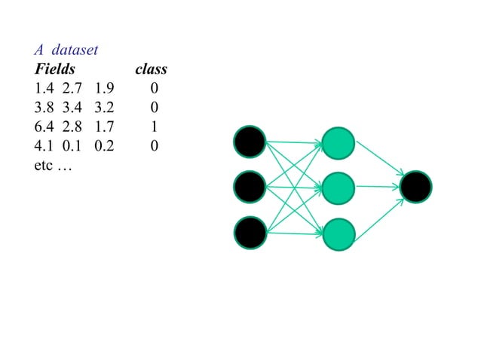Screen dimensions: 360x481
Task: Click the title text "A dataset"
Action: tap(66, 50)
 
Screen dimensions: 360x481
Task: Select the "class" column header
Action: tap(151, 70)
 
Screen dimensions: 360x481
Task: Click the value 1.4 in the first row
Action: tap(44, 90)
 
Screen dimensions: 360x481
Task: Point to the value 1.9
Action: tap(104, 90)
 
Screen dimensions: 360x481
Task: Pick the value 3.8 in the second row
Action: tap(44, 108)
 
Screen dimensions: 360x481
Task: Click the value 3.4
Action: tap(74, 108)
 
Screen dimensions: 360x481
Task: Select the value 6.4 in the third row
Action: tap(44, 127)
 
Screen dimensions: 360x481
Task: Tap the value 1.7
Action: tap(104, 127)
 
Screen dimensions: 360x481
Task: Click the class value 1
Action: tap(154, 127)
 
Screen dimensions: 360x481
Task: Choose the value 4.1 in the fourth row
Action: tap(44, 146)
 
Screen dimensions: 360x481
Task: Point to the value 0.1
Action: tap(74, 146)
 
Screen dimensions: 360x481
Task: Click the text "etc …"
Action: tap(53, 165)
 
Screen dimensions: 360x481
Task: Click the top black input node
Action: tap(250, 142)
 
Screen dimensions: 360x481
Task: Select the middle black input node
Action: tap(250, 187)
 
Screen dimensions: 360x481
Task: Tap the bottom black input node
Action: tap(250, 232)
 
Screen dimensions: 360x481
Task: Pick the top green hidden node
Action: tap(338, 143)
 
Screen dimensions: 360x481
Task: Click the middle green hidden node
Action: tap(338, 188)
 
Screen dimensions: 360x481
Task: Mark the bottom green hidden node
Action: tap(338, 233)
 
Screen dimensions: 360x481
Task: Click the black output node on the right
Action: tap(416, 188)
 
